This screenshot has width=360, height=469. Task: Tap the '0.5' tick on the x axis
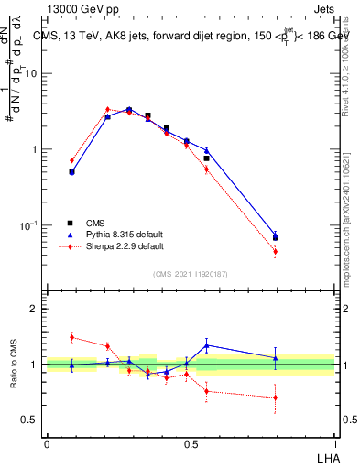tap(191, 443)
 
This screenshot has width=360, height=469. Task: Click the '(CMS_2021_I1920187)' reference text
tap(191, 274)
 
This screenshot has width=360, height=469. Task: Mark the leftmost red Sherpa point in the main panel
tap(71, 160)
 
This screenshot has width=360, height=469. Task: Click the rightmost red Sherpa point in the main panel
tap(276, 251)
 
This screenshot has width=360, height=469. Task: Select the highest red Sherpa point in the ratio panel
tap(71, 337)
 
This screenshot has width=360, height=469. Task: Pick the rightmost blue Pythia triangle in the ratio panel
tap(276, 358)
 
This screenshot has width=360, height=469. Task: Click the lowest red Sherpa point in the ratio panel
tap(276, 398)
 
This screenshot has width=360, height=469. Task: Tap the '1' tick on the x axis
tap(334, 443)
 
